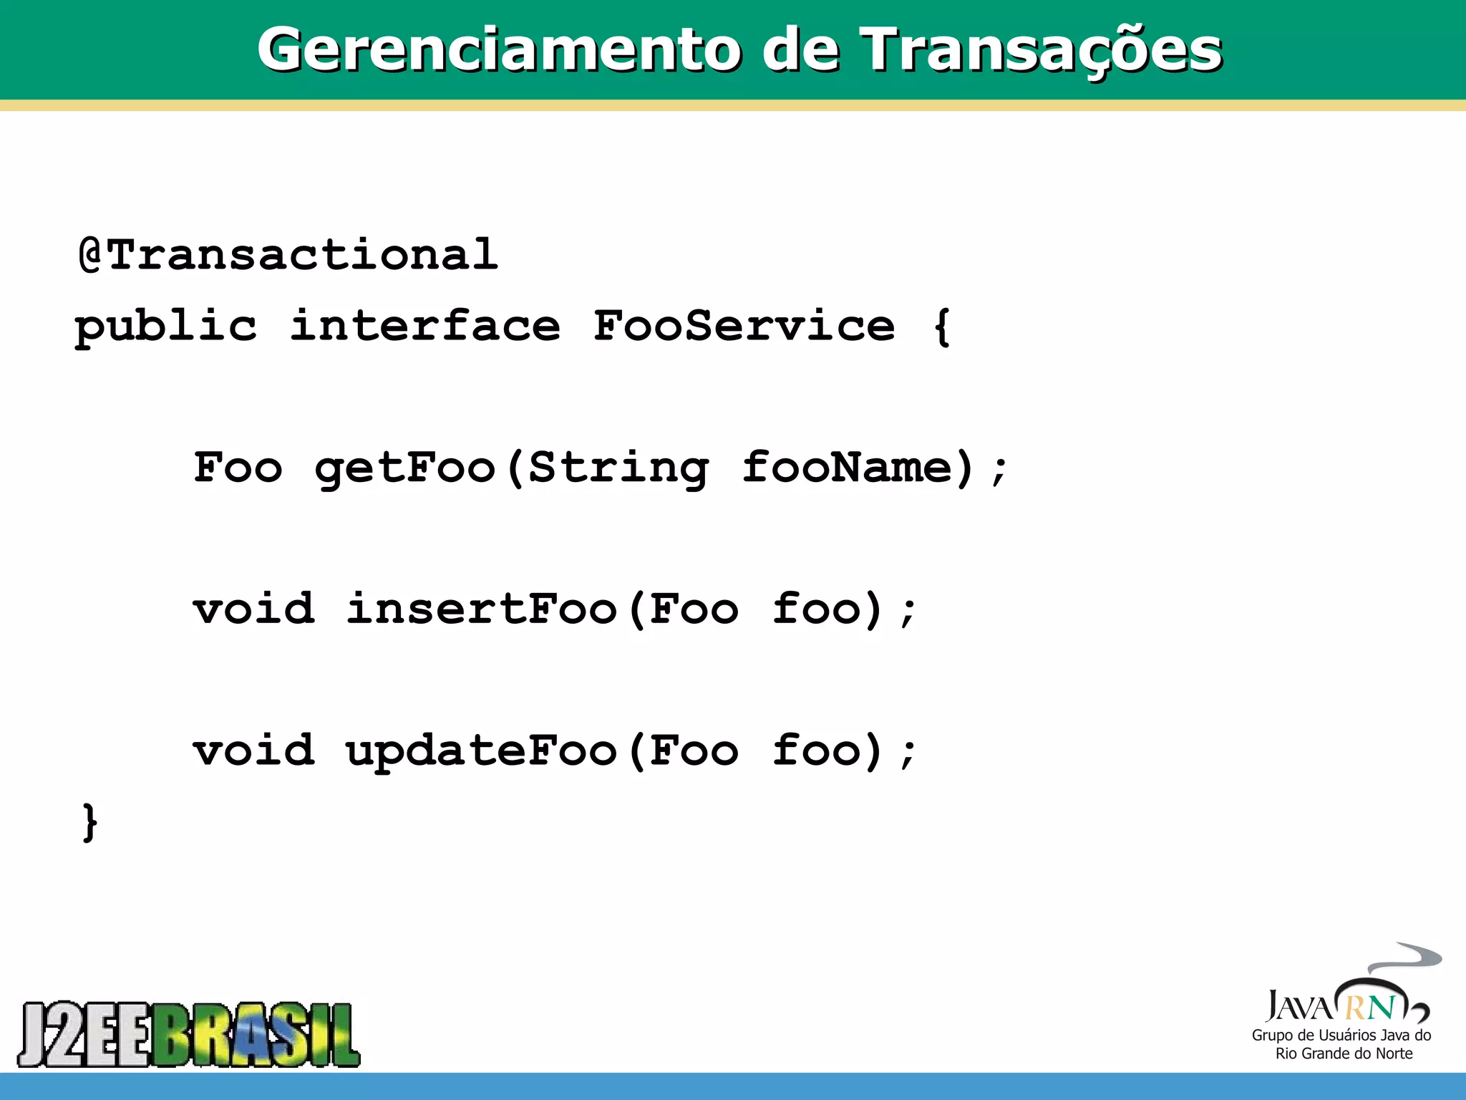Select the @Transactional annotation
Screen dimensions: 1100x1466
tap(288, 255)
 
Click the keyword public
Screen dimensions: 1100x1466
tap(166, 328)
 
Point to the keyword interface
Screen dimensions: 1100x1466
tap(424, 327)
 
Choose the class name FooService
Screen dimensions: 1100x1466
tap(744, 327)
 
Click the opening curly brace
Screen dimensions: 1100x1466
tap(943, 328)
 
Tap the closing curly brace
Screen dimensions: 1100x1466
tap(89, 822)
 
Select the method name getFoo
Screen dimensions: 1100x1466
tap(405, 469)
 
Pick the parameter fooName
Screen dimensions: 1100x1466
tap(848, 468)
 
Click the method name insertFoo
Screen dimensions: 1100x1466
tap(481, 609)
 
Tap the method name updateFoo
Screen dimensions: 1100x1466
tap(481, 752)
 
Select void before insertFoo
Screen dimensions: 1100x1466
tap(253, 609)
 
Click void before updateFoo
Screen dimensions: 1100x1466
tap(253, 751)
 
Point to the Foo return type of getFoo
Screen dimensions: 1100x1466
tap(238, 468)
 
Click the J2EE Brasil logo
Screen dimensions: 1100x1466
tap(189, 1034)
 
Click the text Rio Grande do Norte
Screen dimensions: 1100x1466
tap(1344, 1053)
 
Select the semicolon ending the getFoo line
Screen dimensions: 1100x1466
tap(999, 471)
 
